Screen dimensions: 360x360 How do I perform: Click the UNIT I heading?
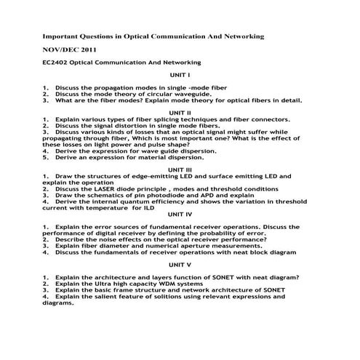coord(180,75)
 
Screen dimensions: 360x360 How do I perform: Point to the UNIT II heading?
coord(180,113)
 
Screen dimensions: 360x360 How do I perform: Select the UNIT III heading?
coord(180,169)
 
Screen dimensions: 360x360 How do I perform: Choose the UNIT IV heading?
coord(180,214)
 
